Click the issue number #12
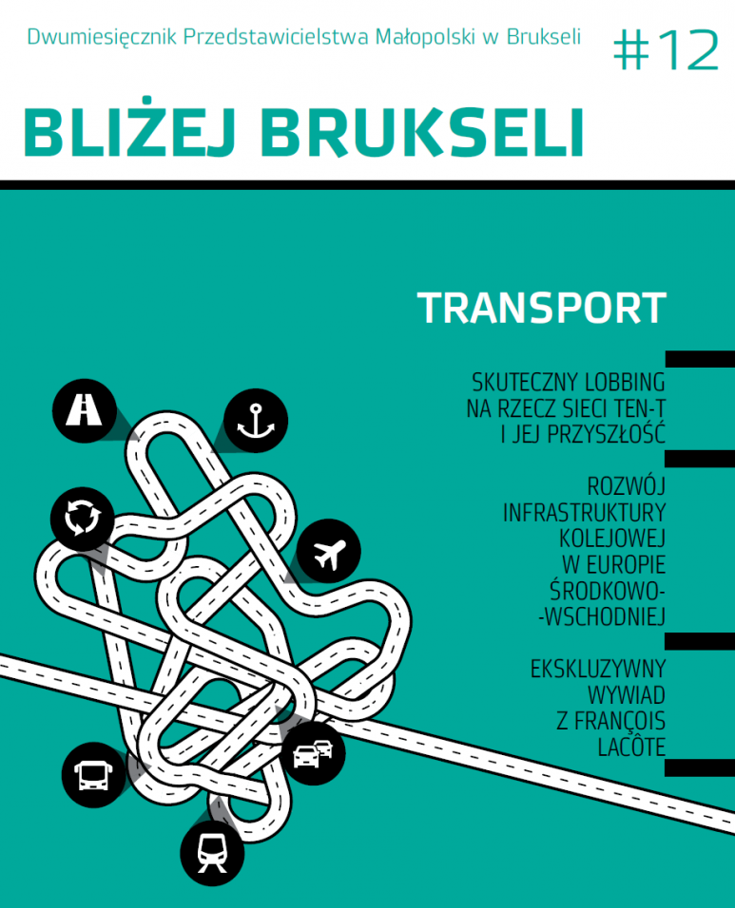pyautogui.click(x=666, y=50)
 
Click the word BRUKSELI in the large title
pyautogui.click(x=421, y=133)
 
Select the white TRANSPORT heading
pyautogui.click(x=541, y=308)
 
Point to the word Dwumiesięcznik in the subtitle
pyautogui.click(x=102, y=38)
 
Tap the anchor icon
pyautogui.click(x=256, y=421)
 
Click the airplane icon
pyautogui.click(x=329, y=551)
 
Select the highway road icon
pyautogui.click(x=85, y=410)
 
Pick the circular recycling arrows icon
pyautogui.click(x=83, y=519)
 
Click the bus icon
pyautogui.click(x=93, y=775)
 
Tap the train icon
pyautogui.click(x=212, y=853)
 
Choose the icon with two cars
pyautogui.click(x=313, y=753)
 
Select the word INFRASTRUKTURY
pyautogui.click(x=584, y=513)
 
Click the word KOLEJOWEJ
pyautogui.click(x=612, y=539)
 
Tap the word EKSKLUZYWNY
pyautogui.click(x=598, y=670)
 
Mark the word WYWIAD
pyautogui.click(x=627, y=695)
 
